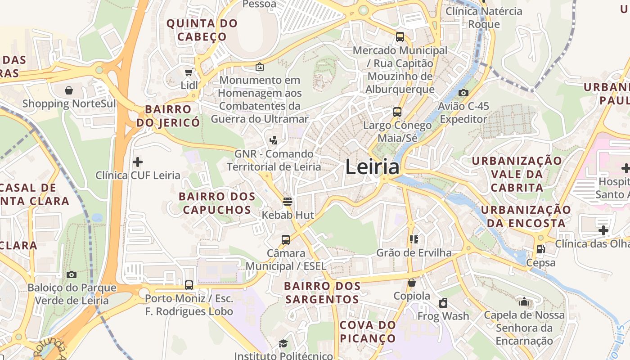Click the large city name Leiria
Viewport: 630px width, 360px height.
(x=372, y=167)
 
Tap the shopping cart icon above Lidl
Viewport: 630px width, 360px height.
(x=189, y=72)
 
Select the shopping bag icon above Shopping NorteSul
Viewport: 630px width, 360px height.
(x=69, y=90)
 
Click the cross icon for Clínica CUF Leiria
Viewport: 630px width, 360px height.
(x=138, y=162)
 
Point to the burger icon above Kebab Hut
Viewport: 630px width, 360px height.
(x=288, y=201)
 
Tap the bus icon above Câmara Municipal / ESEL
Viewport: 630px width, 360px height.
(x=286, y=239)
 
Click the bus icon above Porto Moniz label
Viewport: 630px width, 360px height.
(x=189, y=285)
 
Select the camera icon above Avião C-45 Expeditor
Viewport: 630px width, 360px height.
(x=463, y=93)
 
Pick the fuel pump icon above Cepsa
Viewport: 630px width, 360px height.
(x=540, y=249)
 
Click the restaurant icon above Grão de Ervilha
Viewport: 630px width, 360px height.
(x=414, y=239)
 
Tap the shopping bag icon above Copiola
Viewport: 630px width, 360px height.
(x=411, y=283)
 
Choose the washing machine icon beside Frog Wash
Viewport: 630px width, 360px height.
(x=443, y=303)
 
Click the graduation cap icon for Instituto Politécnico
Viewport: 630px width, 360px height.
(x=283, y=344)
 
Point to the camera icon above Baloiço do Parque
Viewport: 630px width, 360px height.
(x=72, y=274)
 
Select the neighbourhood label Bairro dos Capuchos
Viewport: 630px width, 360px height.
(x=217, y=203)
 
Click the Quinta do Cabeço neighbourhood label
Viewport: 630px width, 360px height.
(x=202, y=30)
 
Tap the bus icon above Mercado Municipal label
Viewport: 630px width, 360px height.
(x=400, y=37)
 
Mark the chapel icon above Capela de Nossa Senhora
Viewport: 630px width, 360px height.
(x=524, y=301)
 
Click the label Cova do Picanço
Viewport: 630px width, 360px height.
(x=368, y=331)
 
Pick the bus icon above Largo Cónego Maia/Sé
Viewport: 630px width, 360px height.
(x=397, y=112)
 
